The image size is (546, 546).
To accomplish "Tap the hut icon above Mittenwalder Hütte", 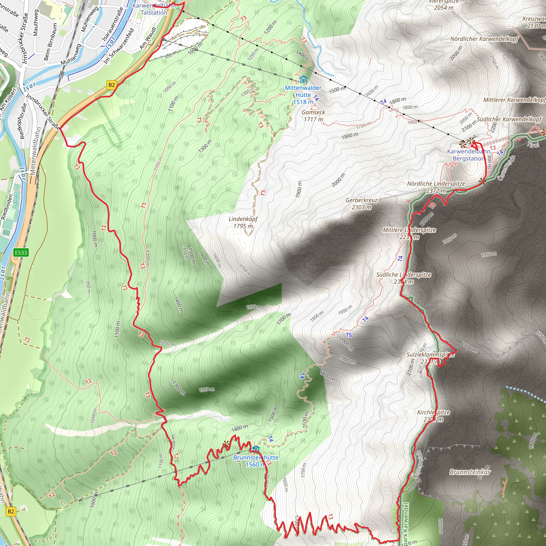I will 303,79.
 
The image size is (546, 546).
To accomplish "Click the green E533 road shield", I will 21,252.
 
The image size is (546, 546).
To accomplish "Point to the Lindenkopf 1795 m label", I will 243,222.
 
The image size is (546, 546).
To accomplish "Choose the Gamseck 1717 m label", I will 314,116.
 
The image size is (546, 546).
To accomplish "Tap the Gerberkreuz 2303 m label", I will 362,203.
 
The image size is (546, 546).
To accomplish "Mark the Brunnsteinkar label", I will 470,472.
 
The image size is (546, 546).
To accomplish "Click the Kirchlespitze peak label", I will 433,416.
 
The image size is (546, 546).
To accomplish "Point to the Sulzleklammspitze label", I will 430,358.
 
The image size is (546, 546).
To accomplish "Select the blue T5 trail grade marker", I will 349,335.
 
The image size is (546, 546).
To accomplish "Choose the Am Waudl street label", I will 148,38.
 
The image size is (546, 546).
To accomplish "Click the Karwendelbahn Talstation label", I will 154,9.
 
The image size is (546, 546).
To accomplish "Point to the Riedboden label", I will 7,207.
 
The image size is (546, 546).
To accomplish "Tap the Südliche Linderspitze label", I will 403,278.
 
